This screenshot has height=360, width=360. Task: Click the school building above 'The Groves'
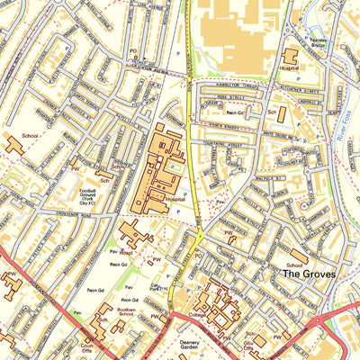298,256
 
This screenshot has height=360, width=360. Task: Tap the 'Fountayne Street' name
223,143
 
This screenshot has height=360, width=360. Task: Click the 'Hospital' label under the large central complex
175,198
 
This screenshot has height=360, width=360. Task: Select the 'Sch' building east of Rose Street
281,114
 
